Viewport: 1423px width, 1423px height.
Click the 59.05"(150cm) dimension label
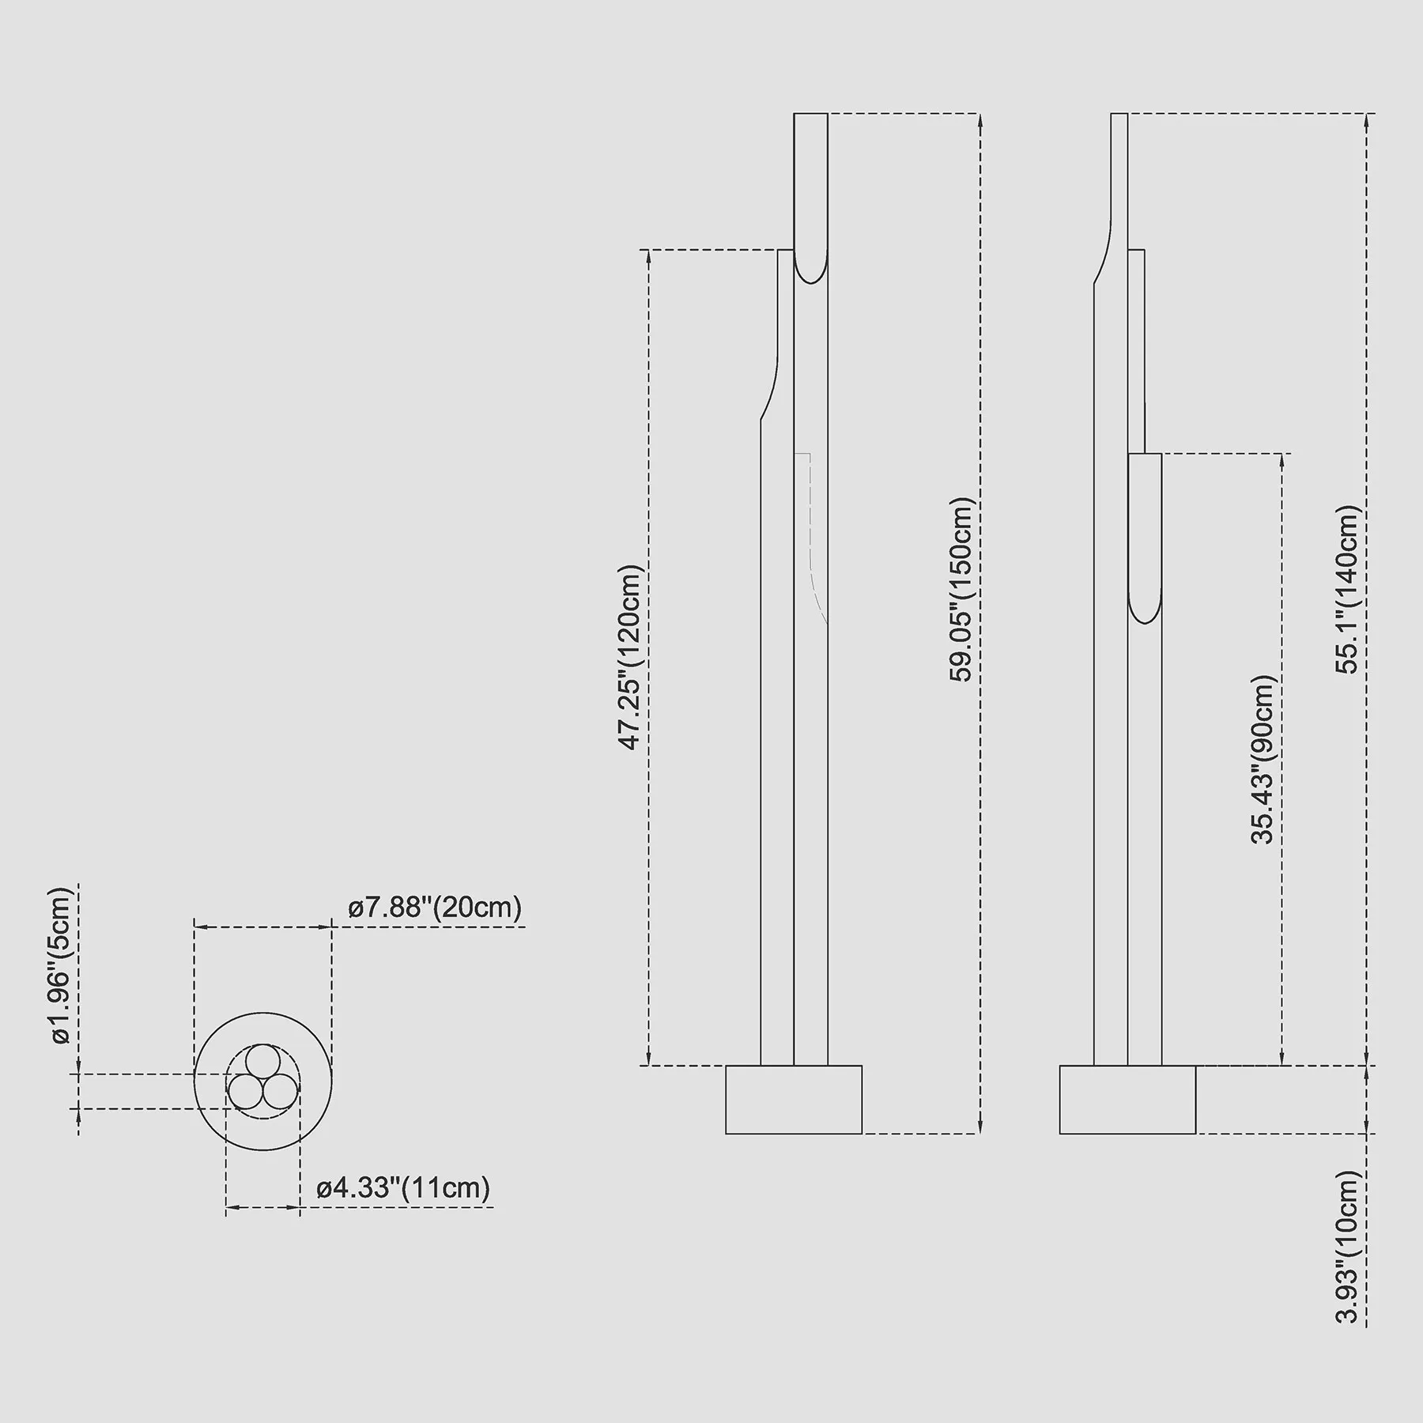click(x=961, y=590)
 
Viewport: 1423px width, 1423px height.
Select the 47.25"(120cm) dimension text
click(x=632, y=657)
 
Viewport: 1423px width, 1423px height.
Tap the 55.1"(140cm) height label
click(x=1347, y=590)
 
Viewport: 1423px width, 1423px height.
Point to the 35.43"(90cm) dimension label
click(x=1263, y=760)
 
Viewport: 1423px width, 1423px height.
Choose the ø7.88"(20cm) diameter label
click(x=436, y=907)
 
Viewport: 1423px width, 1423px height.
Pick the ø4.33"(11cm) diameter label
click(x=404, y=1187)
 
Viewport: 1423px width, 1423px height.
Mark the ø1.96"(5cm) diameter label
click(x=62, y=966)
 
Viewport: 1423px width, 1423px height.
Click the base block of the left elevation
click(x=794, y=1100)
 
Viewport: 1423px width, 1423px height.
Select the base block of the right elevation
click(x=1127, y=1100)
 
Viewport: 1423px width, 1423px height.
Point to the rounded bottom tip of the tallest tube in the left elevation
click(x=811, y=283)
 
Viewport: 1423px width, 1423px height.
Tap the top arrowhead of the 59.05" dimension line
click(x=980, y=120)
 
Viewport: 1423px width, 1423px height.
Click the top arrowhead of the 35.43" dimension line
click(x=1281, y=461)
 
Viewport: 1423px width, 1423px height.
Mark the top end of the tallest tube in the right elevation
click(x=1119, y=114)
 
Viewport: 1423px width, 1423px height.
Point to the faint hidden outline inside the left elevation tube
click(x=812, y=538)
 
